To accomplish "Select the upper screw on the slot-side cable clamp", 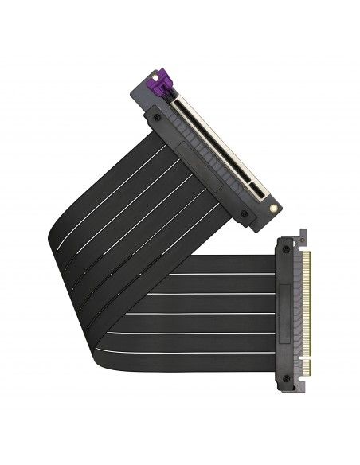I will [x=155, y=117].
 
